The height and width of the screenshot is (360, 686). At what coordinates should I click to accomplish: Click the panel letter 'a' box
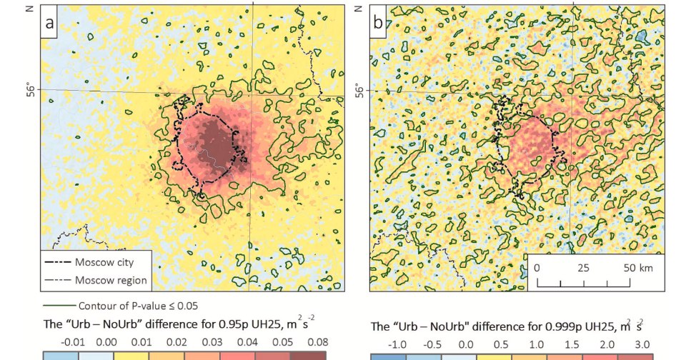pos(51,24)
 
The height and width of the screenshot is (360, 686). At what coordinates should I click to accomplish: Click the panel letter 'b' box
pos(377,24)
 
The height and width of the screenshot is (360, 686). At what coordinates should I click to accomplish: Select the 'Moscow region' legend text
pos(111,280)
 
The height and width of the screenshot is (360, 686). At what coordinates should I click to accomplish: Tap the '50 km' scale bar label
pos(637,269)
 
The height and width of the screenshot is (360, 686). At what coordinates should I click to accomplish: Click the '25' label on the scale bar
pos(583,269)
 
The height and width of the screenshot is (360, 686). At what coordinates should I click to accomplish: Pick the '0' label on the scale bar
pos(536,269)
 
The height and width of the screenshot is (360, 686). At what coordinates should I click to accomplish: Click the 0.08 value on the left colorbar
pos(309,342)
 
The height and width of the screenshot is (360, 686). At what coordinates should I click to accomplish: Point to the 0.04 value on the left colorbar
pos(238,342)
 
